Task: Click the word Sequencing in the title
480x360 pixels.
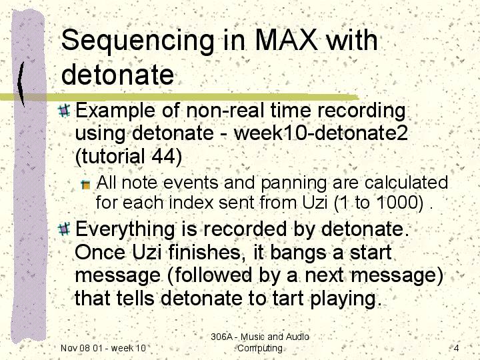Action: pyautogui.click(x=138, y=41)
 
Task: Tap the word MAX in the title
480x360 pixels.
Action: pyautogui.click(x=285, y=40)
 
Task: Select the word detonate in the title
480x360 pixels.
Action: pyautogui.click(x=117, y=75)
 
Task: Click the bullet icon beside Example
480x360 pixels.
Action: pyautogui.click(x=64, y=111)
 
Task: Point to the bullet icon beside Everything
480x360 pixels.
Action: pyautogui.click(x=64, y=229)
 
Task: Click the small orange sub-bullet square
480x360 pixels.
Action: pyautogui.click(x=86, y=185)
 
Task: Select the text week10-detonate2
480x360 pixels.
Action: pyautogui.click(x=321, y=133)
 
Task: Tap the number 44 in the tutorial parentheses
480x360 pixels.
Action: pyautogui.click(x=164, y=155)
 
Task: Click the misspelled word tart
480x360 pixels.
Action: pyautogui.click(x=287, y=298)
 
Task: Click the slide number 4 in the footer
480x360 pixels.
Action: pyautogui.click(x=456, y=348)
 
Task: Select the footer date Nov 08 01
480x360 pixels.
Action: pyautogui.click(x=81, y=348)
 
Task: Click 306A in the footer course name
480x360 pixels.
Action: pyautogui.click(x=221, y=337)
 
